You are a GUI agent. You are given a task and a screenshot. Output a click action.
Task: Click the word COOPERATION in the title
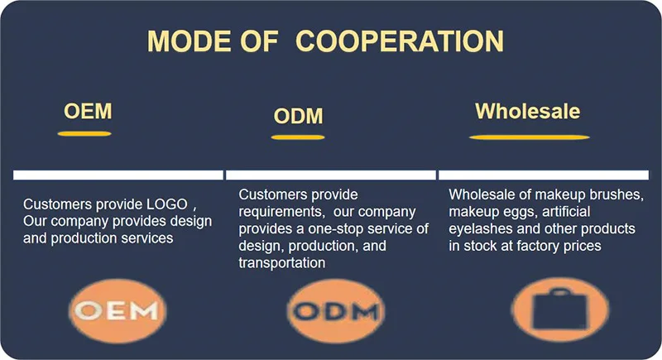click(400, 41)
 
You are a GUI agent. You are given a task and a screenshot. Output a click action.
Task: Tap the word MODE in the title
click(189, 41)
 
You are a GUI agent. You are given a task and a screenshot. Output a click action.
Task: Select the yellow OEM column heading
click(88, 112)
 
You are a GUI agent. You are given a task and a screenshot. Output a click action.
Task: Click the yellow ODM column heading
click(298, 116)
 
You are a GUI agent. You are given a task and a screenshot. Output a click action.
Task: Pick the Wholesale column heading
click(528, 112)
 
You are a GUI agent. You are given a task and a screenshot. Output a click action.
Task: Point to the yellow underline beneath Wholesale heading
click(530, 137)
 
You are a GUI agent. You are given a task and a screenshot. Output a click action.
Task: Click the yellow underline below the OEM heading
click(84, 134)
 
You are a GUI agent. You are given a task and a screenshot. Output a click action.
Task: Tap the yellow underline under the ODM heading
click(298, 137)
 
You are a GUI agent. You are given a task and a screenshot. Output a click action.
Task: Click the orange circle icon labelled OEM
click(118, 310)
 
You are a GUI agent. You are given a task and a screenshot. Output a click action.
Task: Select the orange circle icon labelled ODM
click(336, 310)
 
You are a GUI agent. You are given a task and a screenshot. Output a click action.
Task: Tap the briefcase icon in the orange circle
click(560, 309)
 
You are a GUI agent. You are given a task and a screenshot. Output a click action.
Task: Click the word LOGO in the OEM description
click(167, 204)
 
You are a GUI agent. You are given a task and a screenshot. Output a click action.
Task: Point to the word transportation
click(282, 262)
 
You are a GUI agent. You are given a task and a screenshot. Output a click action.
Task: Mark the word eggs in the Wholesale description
click(520, 211)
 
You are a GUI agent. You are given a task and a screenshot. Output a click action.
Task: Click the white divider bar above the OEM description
click(118, 175)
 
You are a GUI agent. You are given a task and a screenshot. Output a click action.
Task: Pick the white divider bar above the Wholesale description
click(544, 175)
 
